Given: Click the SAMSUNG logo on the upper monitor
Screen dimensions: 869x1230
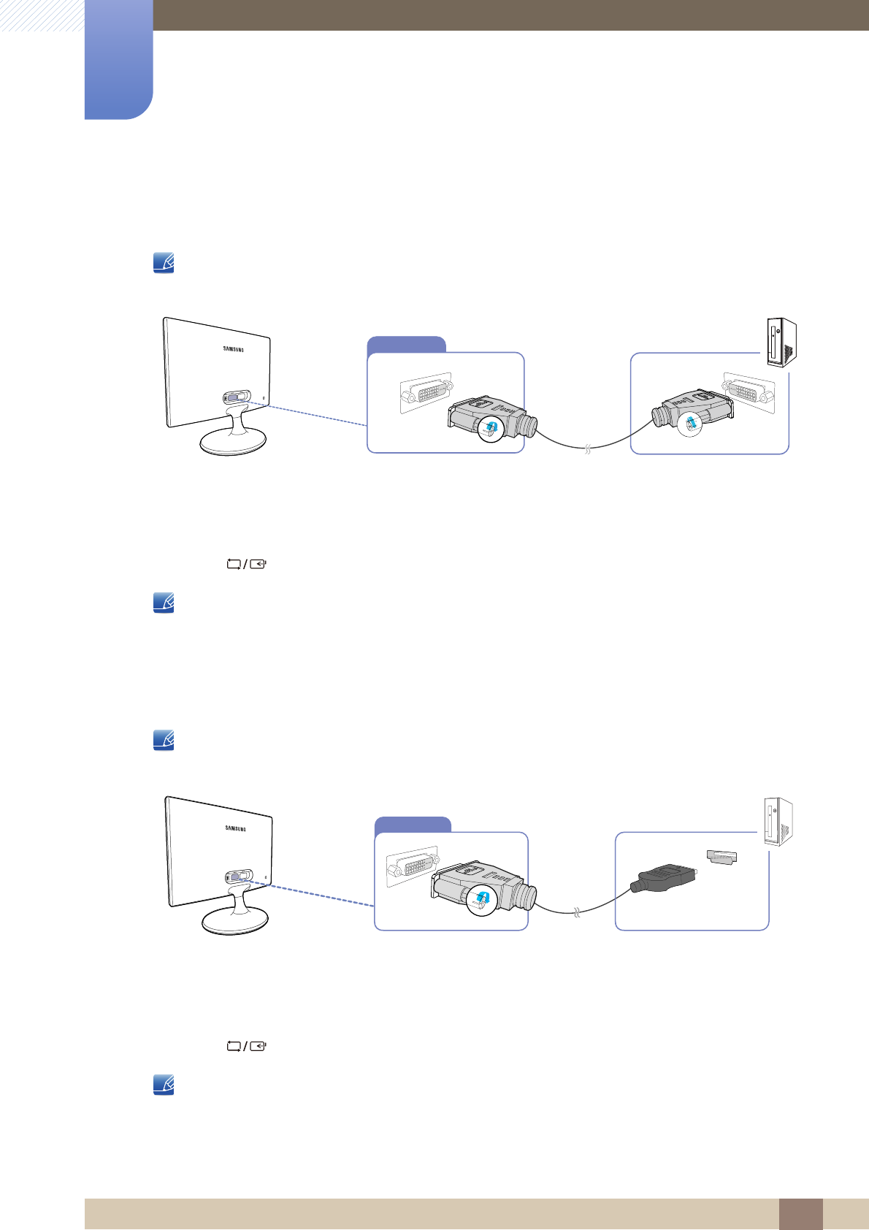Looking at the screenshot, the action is point(234,349).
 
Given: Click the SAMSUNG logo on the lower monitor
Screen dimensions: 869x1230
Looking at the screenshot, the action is point(235,828).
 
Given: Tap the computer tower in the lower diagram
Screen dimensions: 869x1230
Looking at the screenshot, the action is point(778,822).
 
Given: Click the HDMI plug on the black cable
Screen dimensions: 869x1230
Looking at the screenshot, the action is point(663,878).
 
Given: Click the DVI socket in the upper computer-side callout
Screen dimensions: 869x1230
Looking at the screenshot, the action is point(749,391).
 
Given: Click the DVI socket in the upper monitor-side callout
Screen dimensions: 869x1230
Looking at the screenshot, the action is point(426,394).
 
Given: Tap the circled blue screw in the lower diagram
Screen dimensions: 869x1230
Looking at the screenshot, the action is point(482,898).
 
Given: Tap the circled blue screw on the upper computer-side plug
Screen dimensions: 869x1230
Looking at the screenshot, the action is point(691,424).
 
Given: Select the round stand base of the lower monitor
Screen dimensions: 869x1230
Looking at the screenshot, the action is point(236,922).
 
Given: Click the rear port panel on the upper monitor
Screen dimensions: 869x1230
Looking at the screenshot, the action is point(236,397).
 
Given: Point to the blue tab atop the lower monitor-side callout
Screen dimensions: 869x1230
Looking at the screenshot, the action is point(413,825).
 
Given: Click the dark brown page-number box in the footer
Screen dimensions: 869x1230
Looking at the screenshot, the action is point(800,1213).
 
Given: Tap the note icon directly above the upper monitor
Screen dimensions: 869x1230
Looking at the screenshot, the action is point(164,263).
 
